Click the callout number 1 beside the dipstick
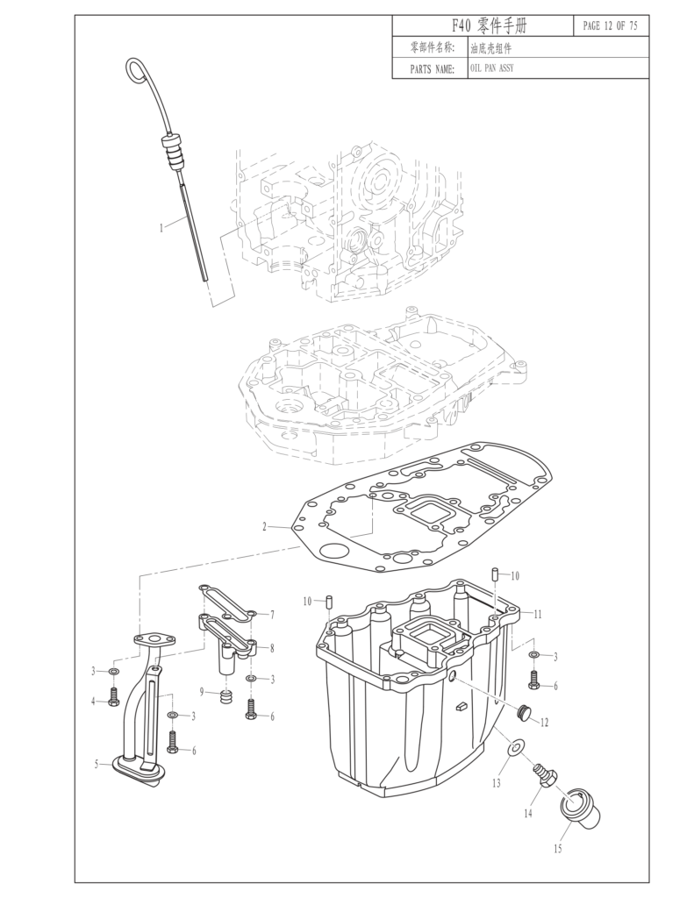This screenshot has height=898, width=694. point(161,227)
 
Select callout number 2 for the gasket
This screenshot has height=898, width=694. point(264,527)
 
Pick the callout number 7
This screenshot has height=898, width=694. point(272,614)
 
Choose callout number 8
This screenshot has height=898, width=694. point(272,648)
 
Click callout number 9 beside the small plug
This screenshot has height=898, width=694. point(202,692)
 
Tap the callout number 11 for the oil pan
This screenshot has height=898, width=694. point(538,614)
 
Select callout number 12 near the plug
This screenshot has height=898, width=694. point(544,723)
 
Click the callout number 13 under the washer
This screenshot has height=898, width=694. point(496,782)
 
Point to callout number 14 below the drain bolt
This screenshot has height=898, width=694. point(528,814)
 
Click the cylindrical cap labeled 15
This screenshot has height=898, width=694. point(581,805)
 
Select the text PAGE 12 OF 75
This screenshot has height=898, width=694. point(610,26)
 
